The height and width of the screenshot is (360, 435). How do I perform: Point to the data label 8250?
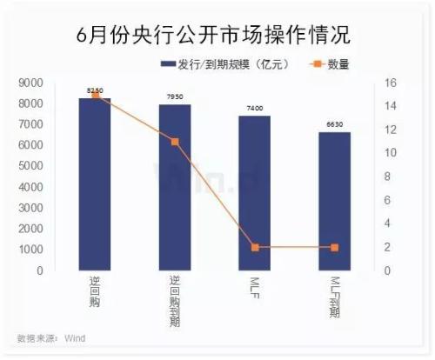pos(95,90)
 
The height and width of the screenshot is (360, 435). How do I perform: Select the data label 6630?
pos(334,124)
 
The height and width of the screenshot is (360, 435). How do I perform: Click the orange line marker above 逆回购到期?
pos(175,141)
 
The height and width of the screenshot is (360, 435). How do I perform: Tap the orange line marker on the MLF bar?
pos(255,247)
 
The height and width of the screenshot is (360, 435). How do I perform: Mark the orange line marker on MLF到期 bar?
pos(334,247)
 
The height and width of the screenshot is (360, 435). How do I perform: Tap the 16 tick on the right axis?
pos(391,83)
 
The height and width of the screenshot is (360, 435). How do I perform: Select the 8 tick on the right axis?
pos(389,177)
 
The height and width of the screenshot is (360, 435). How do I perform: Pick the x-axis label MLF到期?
pos(334,296)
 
